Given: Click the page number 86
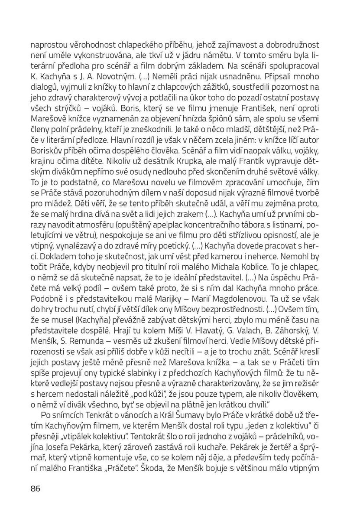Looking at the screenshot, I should coord(35,489).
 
